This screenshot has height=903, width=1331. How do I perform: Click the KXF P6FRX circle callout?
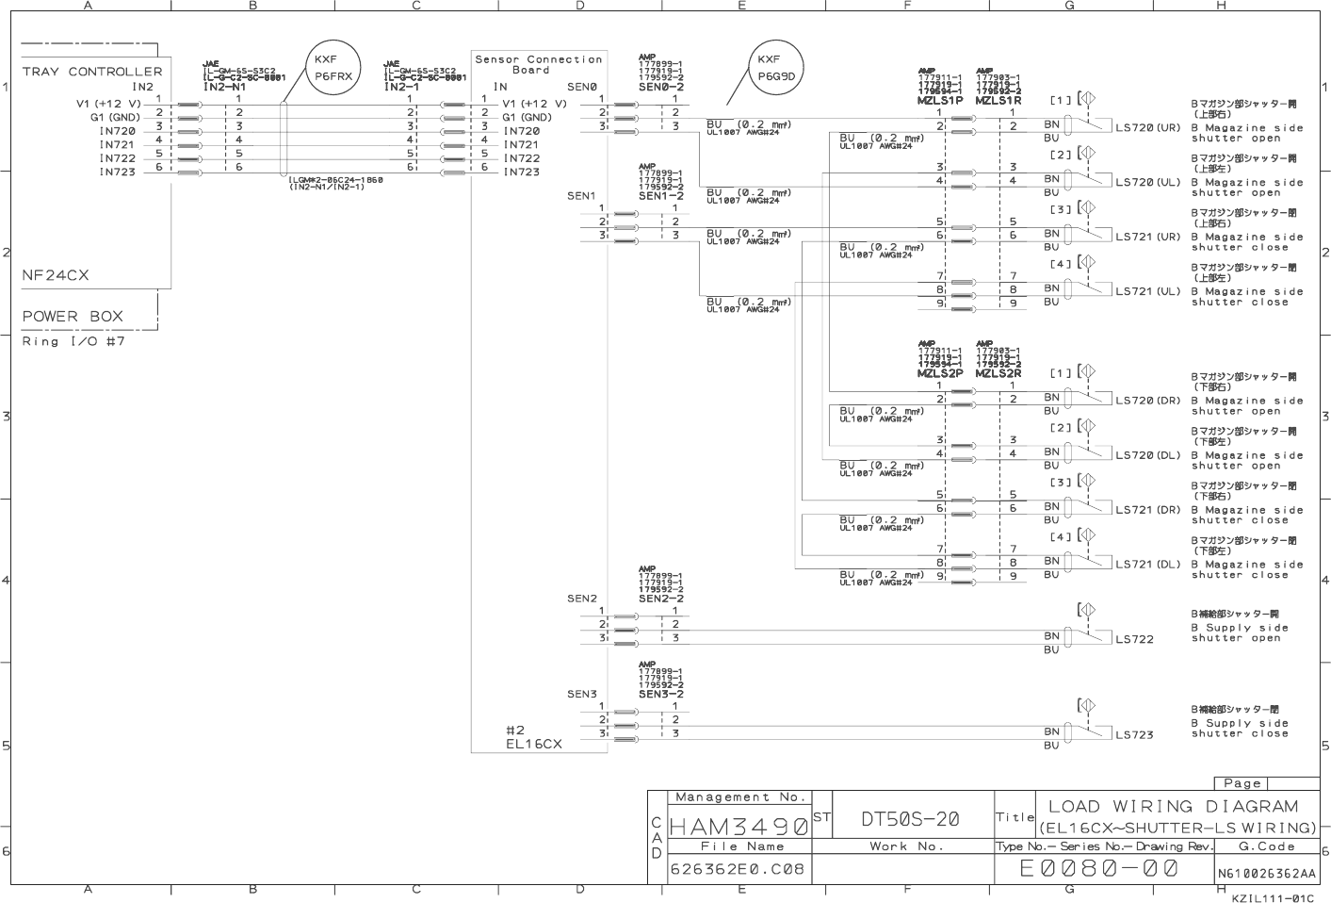(333, 68)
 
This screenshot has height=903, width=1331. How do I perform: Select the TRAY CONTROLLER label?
(92, 72)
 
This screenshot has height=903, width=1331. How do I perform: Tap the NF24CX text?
(56, 275)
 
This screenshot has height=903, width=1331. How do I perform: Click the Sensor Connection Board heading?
(538, 64)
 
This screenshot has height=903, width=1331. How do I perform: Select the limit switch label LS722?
(1134, 639)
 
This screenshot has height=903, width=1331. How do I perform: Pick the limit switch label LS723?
(1134, 734)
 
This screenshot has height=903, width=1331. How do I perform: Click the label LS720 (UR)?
(1147, 128)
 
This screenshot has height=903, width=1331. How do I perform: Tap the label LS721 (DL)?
(1147, 565)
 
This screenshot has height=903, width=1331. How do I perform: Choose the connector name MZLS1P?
(939, 100)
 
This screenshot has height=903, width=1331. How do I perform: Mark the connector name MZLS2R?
(998, 373)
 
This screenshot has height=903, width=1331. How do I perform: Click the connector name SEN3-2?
(660, 694)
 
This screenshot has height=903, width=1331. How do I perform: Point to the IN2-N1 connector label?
(224, 87)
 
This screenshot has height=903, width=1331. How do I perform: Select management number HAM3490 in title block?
(739, 827)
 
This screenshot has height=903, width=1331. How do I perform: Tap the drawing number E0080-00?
(1098, 868)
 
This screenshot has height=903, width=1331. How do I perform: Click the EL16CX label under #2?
(533, 744)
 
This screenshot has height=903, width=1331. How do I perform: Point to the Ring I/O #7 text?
(73, 341)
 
